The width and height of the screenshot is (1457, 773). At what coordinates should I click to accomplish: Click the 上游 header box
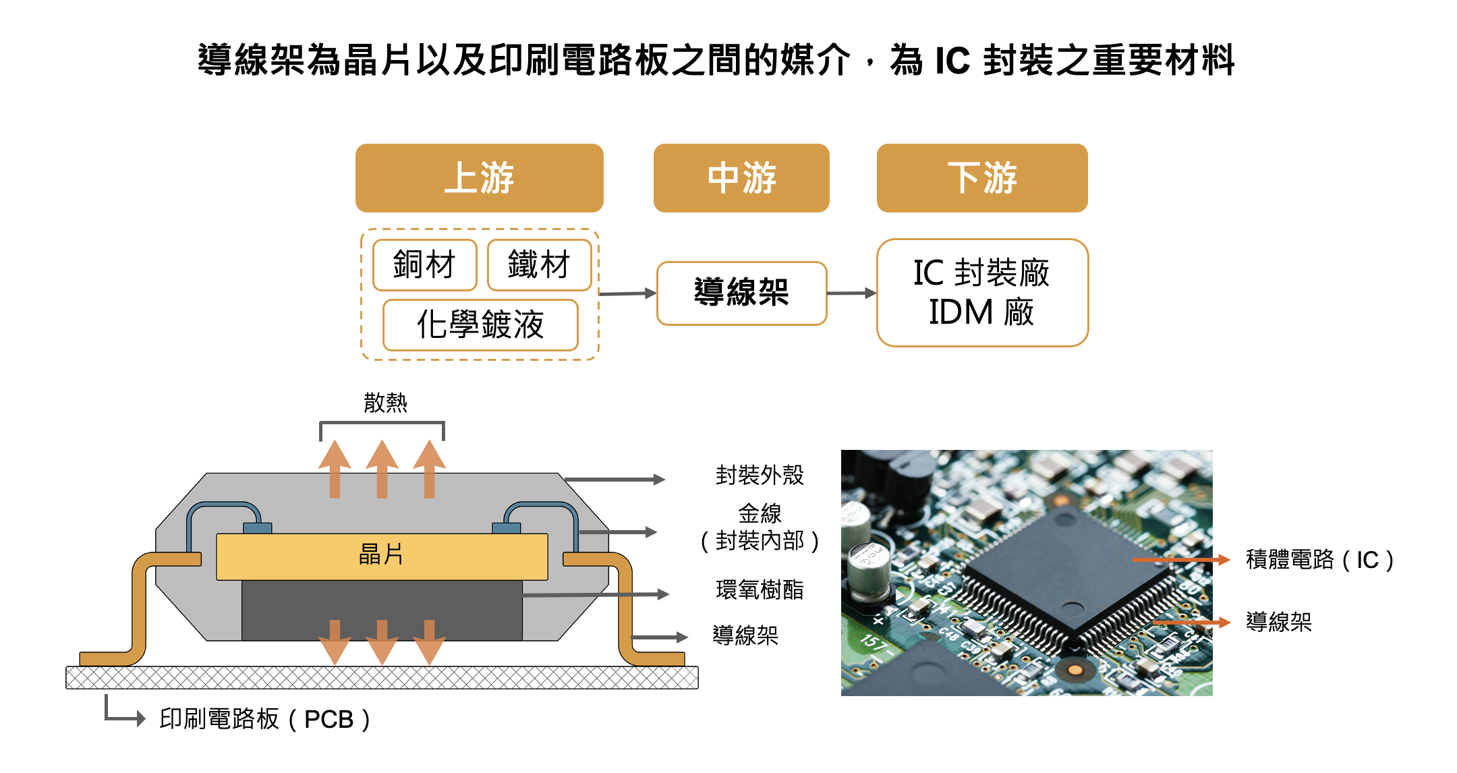479,178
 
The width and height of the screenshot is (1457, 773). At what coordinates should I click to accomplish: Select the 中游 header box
741,178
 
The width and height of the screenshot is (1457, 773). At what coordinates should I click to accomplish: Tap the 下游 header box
981,178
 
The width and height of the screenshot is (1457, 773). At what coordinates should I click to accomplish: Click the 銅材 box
424,264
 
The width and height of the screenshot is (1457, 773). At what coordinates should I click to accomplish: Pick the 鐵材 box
539,264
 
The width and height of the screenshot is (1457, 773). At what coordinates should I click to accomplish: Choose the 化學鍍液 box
480,324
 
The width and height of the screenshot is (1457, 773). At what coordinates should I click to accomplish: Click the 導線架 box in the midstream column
741,293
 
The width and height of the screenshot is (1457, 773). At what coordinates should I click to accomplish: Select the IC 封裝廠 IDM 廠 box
981,293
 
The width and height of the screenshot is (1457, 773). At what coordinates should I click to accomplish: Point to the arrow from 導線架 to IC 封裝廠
851,293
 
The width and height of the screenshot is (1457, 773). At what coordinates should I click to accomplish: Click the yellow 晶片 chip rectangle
382,556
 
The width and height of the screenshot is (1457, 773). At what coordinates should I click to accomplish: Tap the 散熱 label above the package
385,403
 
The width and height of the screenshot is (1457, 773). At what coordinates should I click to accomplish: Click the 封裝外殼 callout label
760,475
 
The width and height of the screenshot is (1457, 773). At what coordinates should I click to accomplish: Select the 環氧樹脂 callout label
760,590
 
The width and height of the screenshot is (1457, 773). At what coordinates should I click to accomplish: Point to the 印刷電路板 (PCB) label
264,719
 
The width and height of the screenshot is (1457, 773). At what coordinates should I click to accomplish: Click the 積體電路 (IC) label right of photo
1319,560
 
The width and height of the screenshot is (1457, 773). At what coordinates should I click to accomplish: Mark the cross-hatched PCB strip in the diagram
382,677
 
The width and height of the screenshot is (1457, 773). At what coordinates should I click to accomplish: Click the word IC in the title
952,60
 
